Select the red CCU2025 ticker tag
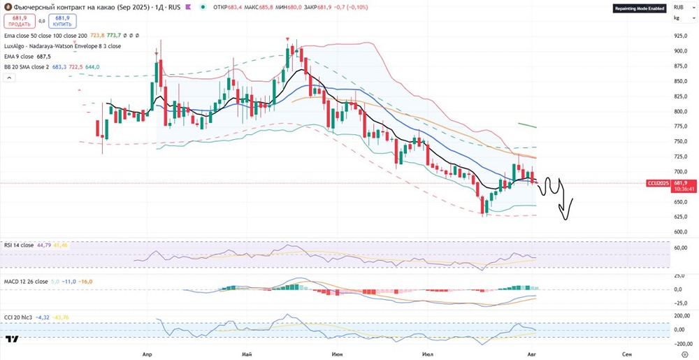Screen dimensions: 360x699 pos(658,183)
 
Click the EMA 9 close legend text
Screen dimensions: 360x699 pos(19,56)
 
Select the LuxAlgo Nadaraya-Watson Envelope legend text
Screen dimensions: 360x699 pos(62,45)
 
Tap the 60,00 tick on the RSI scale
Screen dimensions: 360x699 pos(680,247)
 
